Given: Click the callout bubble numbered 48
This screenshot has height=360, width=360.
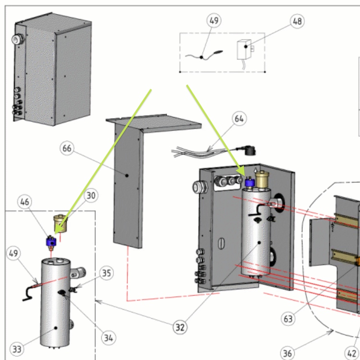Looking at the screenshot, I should point(298,21).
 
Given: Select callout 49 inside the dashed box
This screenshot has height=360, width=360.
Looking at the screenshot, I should point(214,21).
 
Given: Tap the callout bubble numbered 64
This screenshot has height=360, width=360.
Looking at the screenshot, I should point(240,118).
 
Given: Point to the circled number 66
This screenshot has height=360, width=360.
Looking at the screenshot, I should point(67,148).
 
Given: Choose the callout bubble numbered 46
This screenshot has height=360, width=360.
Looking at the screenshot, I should point(25,202).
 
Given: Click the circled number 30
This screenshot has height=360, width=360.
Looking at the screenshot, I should point(91,195).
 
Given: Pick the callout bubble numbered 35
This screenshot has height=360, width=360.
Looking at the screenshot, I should point(107,274).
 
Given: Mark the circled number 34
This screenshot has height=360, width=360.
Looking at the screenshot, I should point(108,337).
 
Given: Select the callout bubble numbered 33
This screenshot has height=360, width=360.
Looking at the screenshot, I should point(17,349).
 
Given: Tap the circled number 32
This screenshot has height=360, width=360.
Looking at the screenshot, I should point(180,327).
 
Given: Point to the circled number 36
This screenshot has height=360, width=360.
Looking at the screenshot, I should point(287,354).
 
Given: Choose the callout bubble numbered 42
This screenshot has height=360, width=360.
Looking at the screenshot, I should point(352,354).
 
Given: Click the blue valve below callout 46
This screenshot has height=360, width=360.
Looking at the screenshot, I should point(50,241).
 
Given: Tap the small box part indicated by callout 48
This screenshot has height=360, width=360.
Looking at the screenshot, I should point(244,49).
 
